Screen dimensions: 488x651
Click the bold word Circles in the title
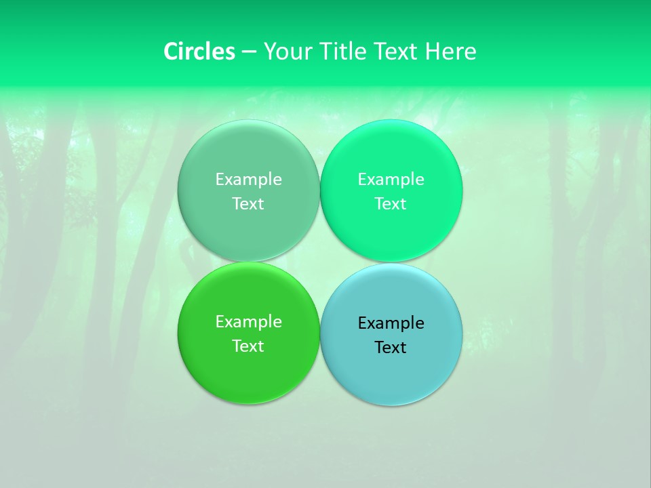tap(199, 52)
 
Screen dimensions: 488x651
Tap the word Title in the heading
tap(343, 52)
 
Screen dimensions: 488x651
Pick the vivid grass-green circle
tap(248, 373)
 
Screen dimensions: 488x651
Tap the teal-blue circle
tap(391, 373)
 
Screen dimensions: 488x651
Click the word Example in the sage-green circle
tap(248, 180)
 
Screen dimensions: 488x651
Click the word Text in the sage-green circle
tap(248, 204)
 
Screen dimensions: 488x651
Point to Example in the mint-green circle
tap(391, 180)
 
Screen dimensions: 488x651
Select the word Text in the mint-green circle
tap(391, 204)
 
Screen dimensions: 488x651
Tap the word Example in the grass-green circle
tap(248, 322)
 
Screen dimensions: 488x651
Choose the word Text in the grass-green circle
tap(248, 346)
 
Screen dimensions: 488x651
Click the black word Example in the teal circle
tap(391, 323)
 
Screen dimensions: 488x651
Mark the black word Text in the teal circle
tap(391, 348)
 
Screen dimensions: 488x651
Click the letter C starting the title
tap(171, 52)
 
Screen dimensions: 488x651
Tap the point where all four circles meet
tap(320, 262)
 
